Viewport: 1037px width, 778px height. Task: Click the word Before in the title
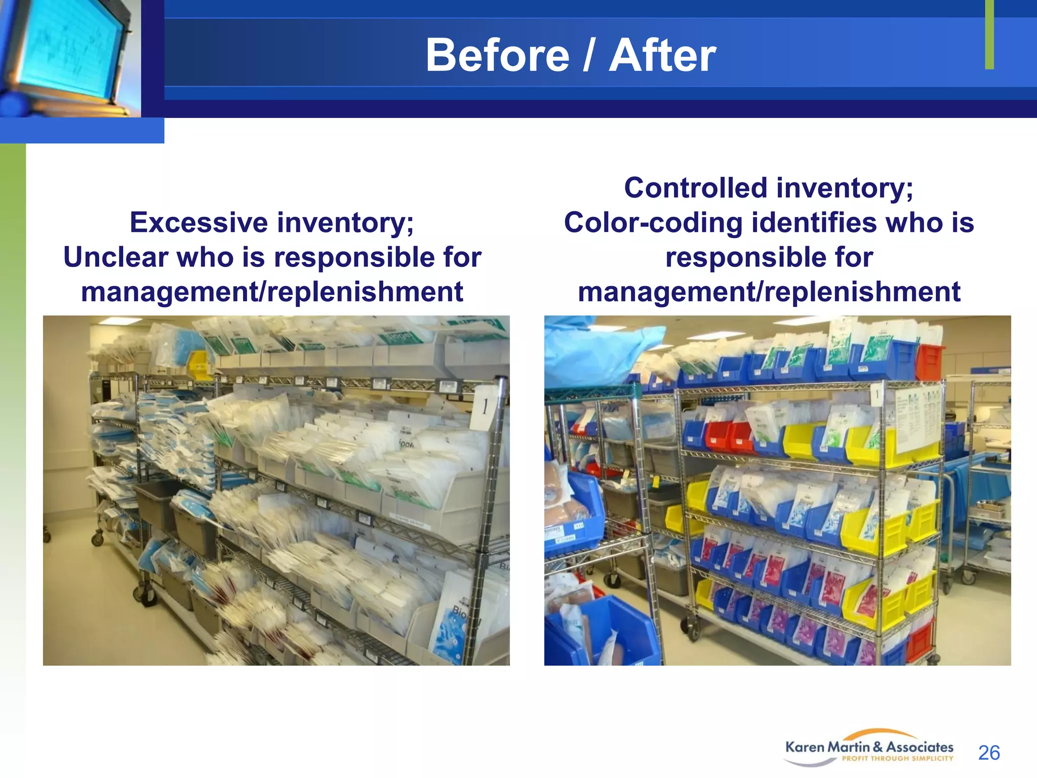click(x=497, y=56)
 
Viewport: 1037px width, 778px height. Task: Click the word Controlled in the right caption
click(x=696, y=188)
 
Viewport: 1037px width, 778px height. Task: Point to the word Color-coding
click(x=653, y=223)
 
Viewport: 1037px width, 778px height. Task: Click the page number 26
click(x=988, y=753)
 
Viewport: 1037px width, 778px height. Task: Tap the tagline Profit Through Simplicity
click(x=897, y=759)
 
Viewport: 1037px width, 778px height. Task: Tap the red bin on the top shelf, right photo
click(x=929, y=362)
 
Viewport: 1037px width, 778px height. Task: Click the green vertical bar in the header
click(x=989, y=34)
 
